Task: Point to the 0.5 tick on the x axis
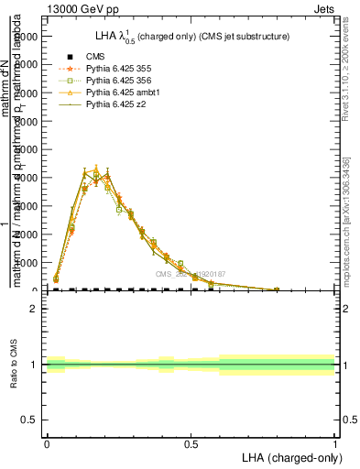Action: pyautogui.click(x=191, y=443)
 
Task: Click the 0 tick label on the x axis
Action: pyautogui.click(x=47, y=443)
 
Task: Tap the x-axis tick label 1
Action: pyautogui.click(x=335, y=443)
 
